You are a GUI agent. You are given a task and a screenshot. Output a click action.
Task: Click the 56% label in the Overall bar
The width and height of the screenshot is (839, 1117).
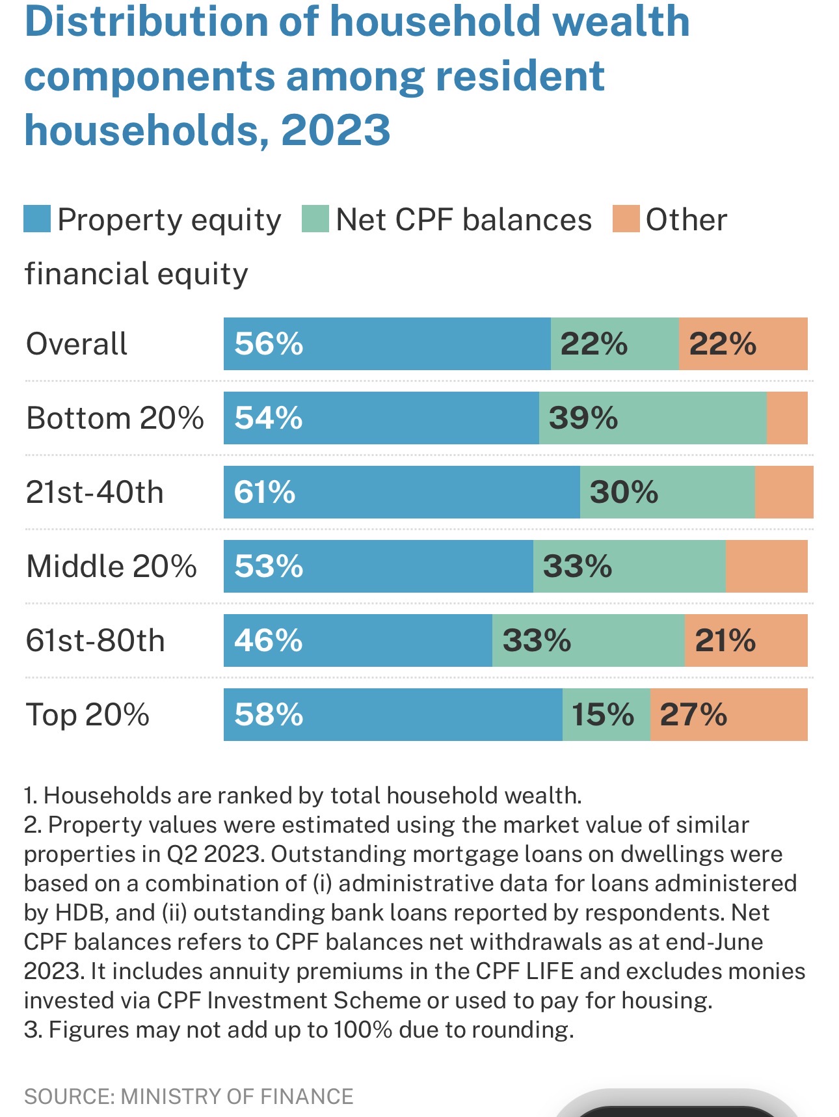pos(269,344)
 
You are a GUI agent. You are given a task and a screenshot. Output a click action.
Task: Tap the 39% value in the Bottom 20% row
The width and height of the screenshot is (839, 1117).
pos(583,418)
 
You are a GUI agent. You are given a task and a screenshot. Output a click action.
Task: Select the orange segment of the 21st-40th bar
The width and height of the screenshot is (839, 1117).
pos(784,492)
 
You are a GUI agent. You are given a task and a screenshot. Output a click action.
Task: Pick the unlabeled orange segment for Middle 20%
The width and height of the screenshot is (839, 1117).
pos(766,567)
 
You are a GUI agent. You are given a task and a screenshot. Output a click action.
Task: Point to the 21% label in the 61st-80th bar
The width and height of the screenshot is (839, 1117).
pos(725,641)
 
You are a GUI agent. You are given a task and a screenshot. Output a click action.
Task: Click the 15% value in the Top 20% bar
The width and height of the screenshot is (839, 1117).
pos(602,715)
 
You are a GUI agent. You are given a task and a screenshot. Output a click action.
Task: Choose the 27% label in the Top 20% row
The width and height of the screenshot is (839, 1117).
pos(693,715)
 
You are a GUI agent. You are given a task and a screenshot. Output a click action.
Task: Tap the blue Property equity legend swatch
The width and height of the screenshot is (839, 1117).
pos(37,219)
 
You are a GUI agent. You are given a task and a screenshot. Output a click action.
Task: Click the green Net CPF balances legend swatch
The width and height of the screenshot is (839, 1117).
pos(315,219)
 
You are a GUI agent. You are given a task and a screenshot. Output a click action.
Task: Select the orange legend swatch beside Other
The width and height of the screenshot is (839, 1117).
pos(626,219)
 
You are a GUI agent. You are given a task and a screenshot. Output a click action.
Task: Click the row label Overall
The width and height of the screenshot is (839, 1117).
pos(77,344)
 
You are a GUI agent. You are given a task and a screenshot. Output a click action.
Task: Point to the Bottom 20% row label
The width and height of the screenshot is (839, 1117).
pos(114,418)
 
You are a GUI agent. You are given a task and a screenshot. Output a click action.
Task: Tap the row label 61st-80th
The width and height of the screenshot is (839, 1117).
pos(95,641)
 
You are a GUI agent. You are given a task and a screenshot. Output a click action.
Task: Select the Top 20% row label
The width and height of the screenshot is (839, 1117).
pos(88,715)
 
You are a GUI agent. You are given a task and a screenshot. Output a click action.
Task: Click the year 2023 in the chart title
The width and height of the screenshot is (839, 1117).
pos(336,129)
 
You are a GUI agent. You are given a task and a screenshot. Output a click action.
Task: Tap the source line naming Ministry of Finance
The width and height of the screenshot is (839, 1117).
pos(189,1096)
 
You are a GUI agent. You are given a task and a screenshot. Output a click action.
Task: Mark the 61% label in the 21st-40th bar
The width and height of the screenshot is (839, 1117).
pos(265,492)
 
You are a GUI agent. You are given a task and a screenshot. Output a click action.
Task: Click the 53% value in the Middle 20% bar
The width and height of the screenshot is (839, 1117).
pos(269,567)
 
